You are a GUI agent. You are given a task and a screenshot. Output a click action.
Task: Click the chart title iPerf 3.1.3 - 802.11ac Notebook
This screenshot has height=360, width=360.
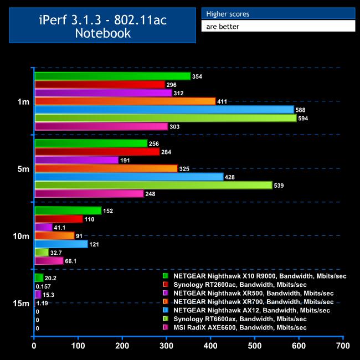pyautogui.click(x=102, y=26)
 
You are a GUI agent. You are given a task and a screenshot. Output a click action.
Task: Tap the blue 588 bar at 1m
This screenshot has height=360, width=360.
pyautogui.click(x=164, y=110)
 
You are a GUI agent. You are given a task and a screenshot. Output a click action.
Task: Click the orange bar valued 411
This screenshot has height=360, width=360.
pyautogui.click(x=125, y=101)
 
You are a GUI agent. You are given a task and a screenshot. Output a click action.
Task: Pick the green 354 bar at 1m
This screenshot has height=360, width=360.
pyautogui.click(x=112, y=76)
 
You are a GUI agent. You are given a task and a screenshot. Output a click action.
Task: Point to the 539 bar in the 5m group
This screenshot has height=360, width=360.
pyautogui.click(x=153, y=185)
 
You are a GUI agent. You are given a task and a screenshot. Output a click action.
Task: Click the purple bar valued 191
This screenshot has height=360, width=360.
pyautogui.click(x=76, y=160)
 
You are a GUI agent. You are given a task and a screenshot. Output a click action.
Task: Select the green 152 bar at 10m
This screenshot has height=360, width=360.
pyautogui.click(x=68, y=210)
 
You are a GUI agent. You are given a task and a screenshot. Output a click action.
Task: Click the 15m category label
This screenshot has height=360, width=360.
pyautogui.click(x=20, y=303)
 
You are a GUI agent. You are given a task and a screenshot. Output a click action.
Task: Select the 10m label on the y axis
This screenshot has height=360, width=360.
pyautogui.click(x=20, y=236)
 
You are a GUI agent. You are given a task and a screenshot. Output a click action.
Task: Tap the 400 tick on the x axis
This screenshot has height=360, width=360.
pyautogui.click(x=210, y=347)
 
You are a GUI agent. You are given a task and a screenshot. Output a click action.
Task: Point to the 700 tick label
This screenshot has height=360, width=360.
pyautogui.click(x=343, y=347)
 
